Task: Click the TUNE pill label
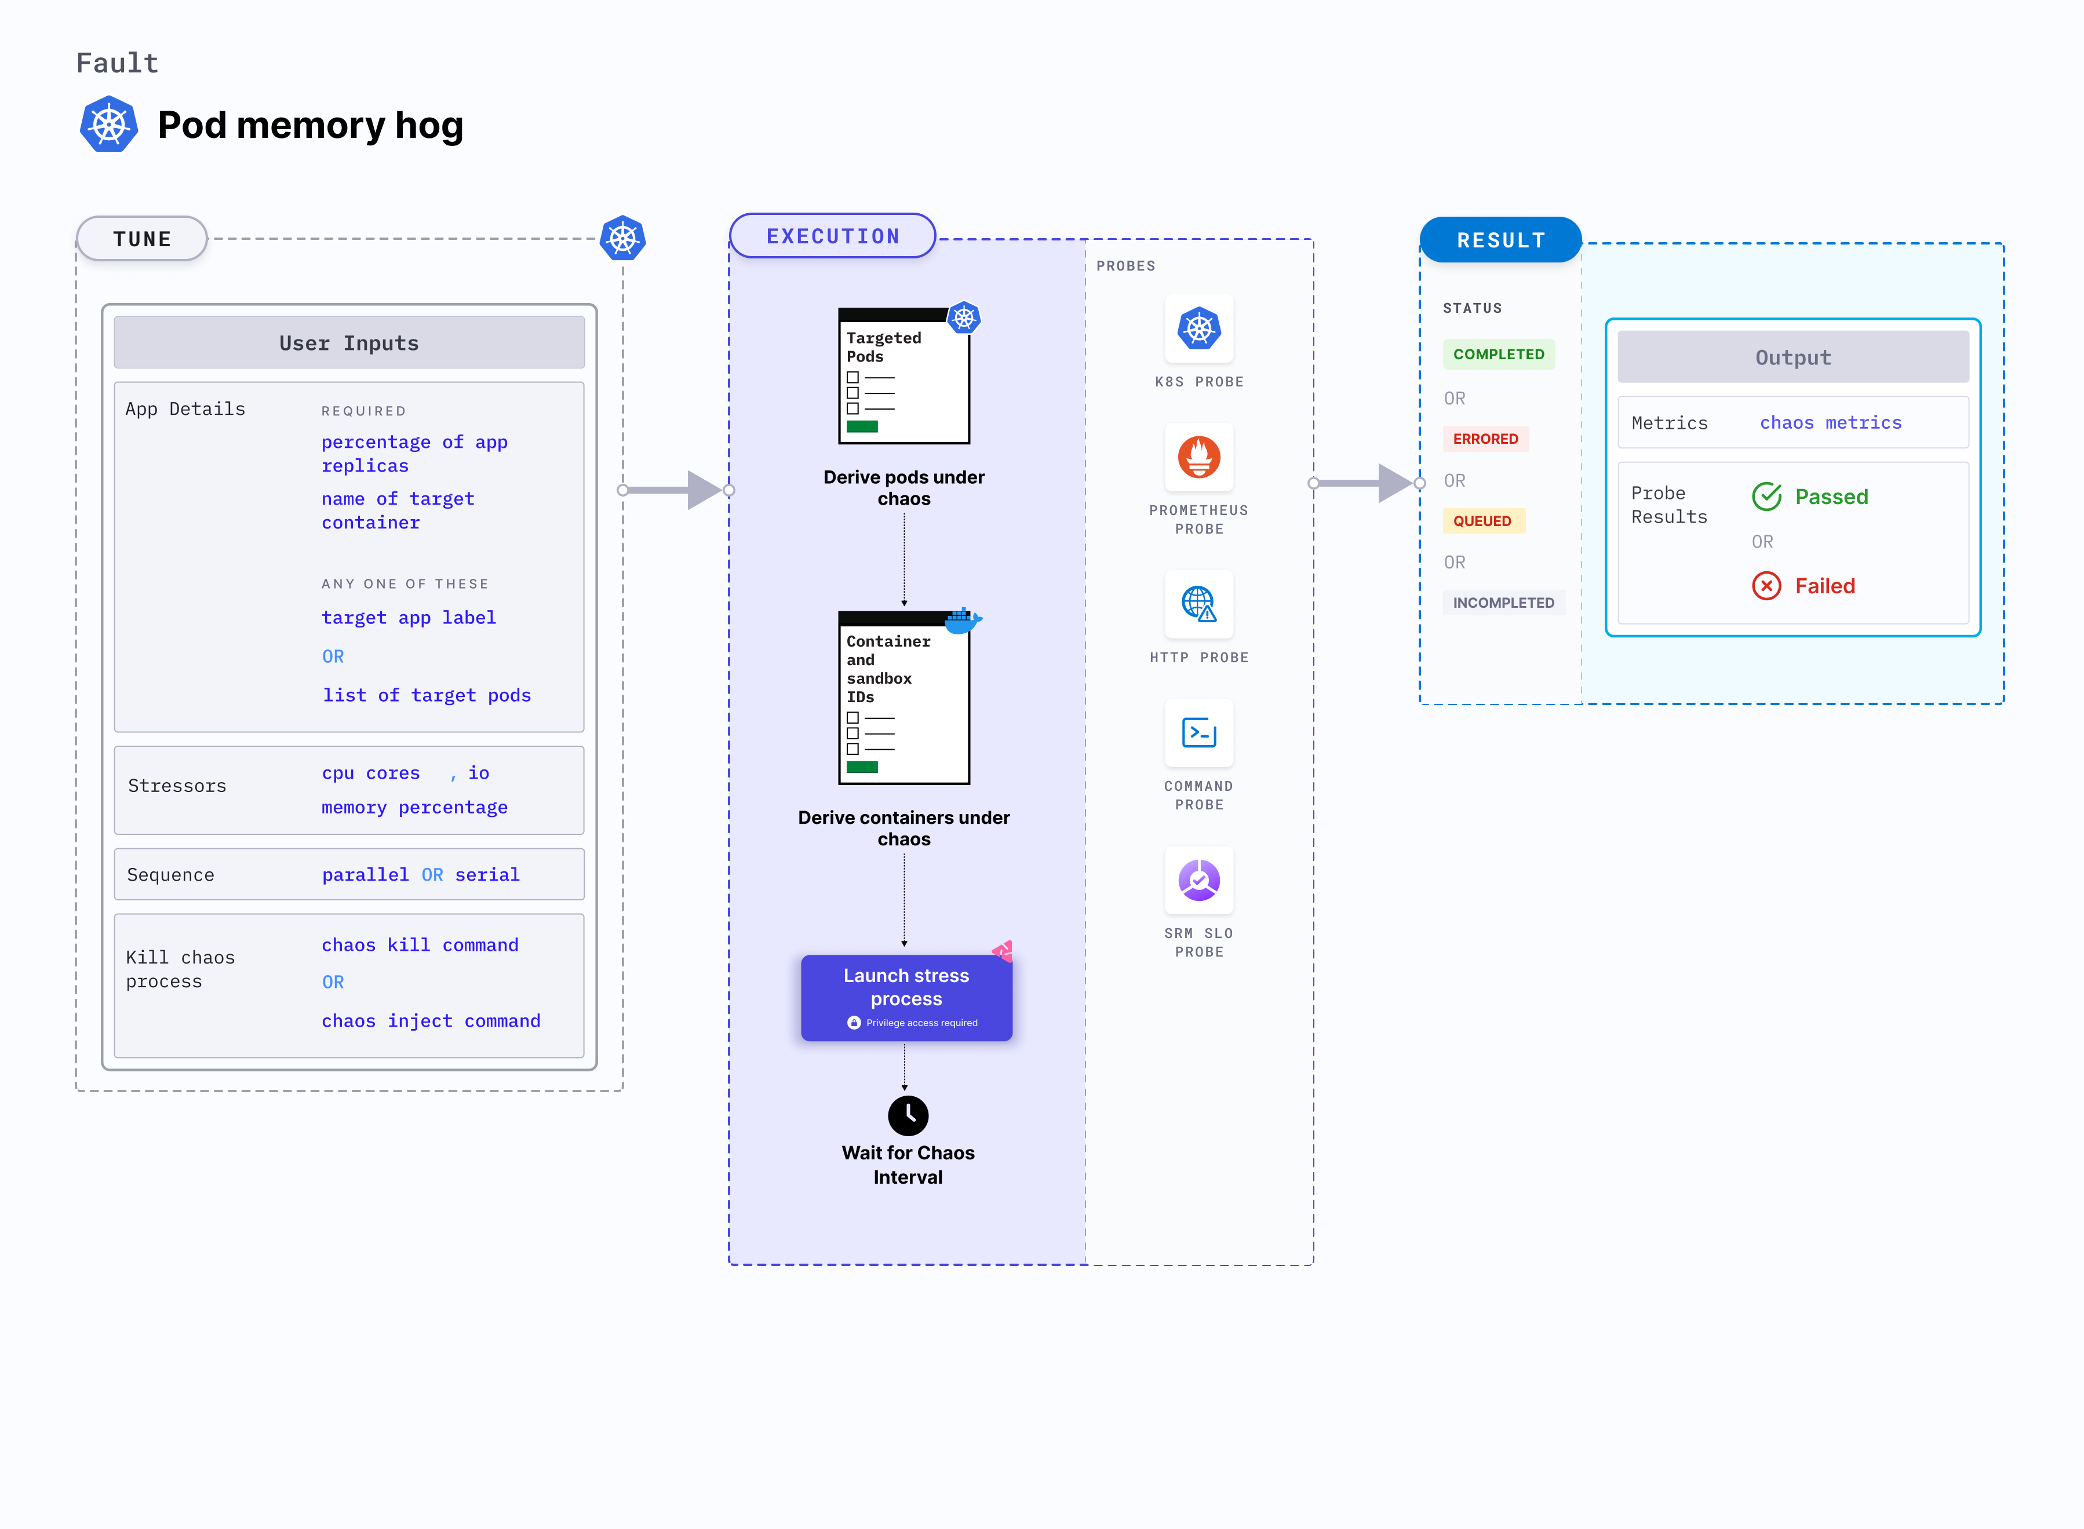coord(141,239)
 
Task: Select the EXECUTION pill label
coord(832,236)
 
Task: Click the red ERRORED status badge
coord(1484,439)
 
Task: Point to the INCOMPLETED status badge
coord(1503,603)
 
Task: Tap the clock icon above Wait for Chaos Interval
coord(908,1115)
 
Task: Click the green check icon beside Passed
coord(1765,497)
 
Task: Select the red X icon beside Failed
coord(1765,586)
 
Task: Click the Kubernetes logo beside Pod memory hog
coord(110,125)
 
